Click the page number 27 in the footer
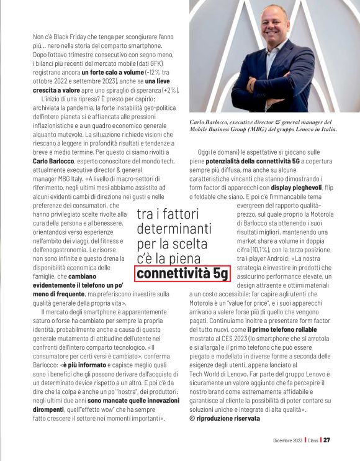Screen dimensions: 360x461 tap(326, 440)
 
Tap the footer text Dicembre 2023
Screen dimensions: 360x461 tap(287, 440)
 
